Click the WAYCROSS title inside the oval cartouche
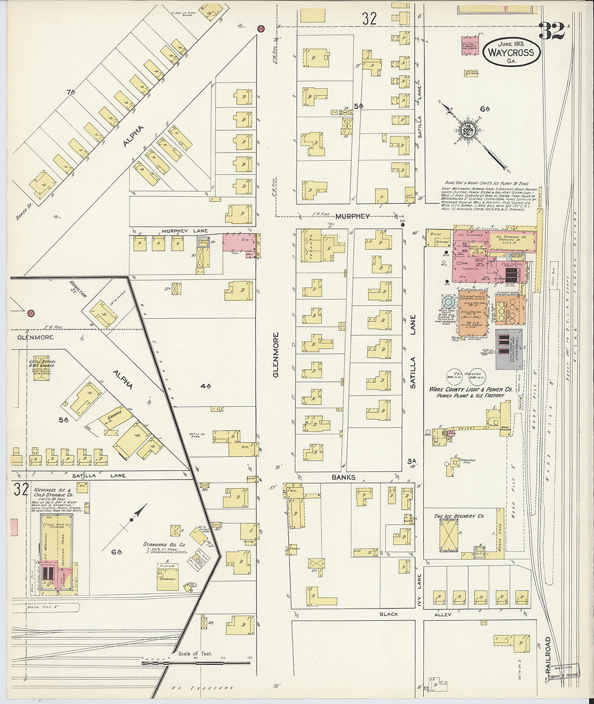(x=511, y=53)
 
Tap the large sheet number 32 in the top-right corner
(x=551, y=32)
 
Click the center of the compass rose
(x=466, y=130)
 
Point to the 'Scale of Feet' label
(x=195, y=653)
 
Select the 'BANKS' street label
(x=343, y=477)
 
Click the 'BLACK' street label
(x=388, y=614)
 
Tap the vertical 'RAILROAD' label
(x=548, y=654)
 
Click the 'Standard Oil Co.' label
(x=164, y=544)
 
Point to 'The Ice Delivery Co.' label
(x=458, y=516)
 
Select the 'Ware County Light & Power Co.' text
(x=470, y=389)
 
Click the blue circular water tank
(x=449, y=302)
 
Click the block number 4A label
(x=205, y=386)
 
